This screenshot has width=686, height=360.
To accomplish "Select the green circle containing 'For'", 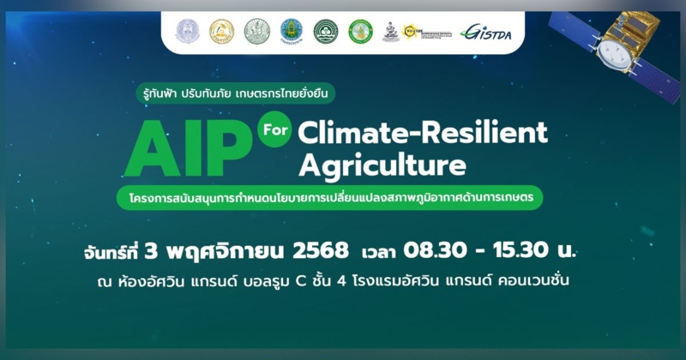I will coord(274,132).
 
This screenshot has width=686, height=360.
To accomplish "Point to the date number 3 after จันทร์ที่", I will coord(152,251).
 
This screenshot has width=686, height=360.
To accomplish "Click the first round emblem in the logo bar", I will coord(187,32).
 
